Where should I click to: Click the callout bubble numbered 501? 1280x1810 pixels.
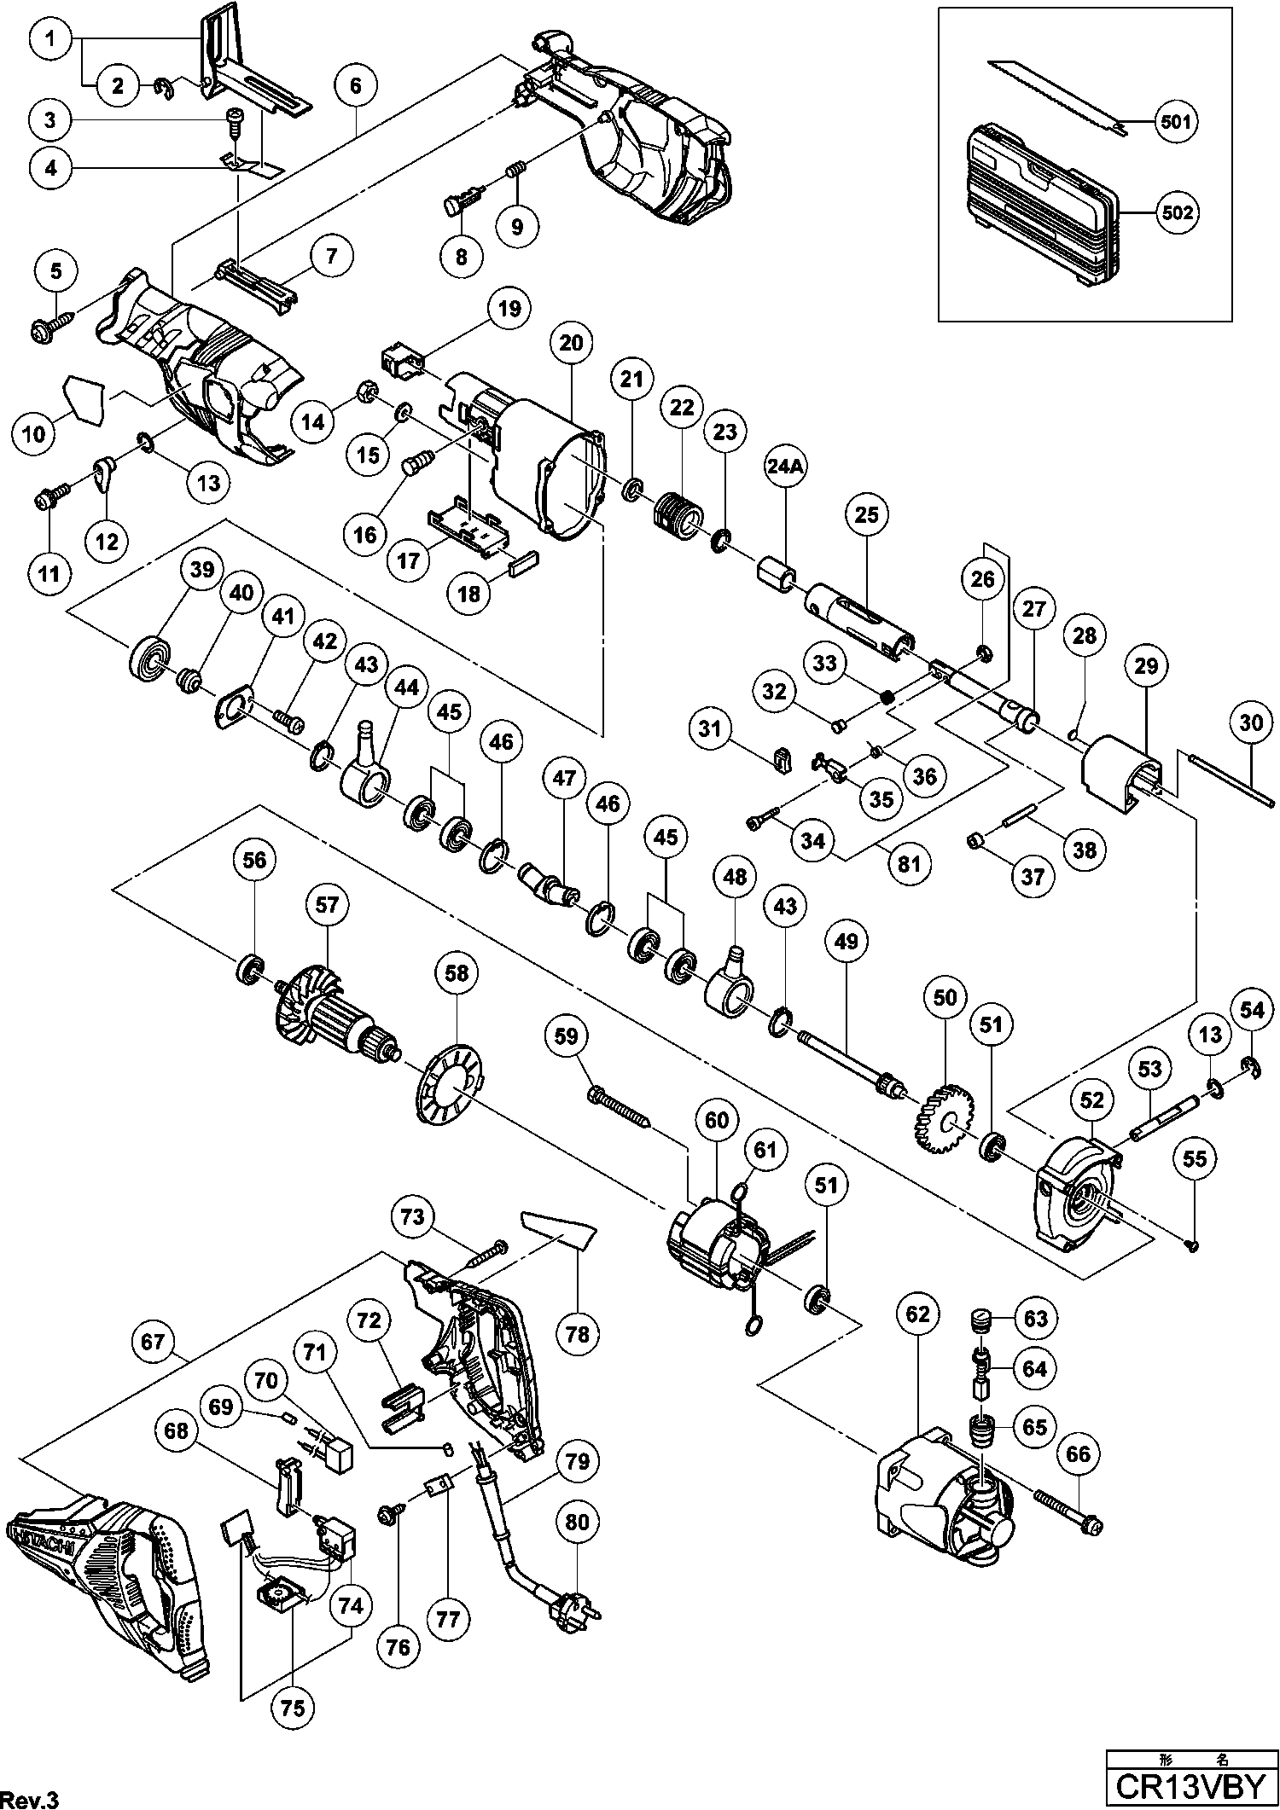click(x=1174, y=122)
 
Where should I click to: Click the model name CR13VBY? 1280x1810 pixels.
click(x=1192, y=1789)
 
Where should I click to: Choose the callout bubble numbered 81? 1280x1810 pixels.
click(x=910, y=865)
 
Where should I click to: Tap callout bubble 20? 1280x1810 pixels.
click(x=572, y=344)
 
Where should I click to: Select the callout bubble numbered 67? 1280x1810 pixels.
click(x=153, y=1342)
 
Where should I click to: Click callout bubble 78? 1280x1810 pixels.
click(x=578, y=1333)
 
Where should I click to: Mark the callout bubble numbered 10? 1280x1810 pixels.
click(x=34, y=434)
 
